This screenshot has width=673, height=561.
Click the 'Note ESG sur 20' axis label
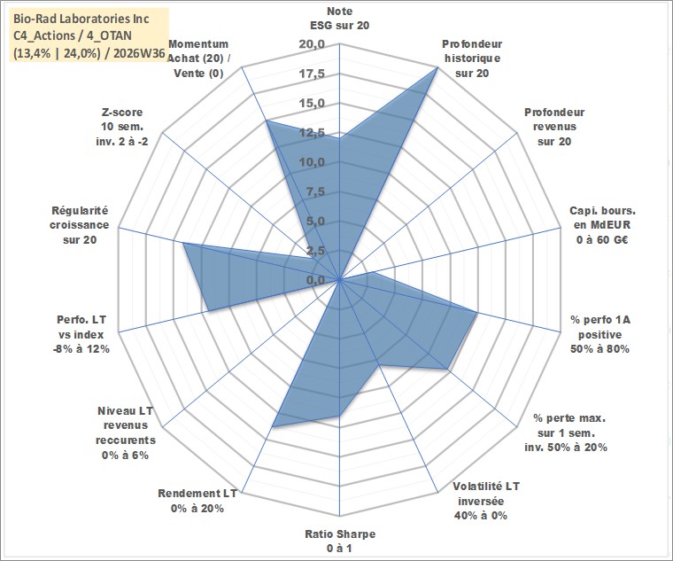click(339, 18)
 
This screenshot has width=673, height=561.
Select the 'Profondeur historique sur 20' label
click(472, 58)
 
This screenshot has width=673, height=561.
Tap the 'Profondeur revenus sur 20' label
click(554, 127)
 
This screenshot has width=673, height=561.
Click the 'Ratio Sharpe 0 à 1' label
click(340, 541)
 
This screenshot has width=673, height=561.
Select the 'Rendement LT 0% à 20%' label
click(197, 501)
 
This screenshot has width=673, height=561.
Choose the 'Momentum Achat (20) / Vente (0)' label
click(197, 58)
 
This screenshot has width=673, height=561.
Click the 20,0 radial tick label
click(312, 44)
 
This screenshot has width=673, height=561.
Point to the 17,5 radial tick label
click(312, 74)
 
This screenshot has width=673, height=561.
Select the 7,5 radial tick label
click(315, 192)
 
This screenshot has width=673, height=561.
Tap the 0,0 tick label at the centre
click(315, 280)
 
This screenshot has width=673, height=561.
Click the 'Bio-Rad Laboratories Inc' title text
click(81, 19)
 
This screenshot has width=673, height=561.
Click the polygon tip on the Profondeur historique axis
click(437, 67)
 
